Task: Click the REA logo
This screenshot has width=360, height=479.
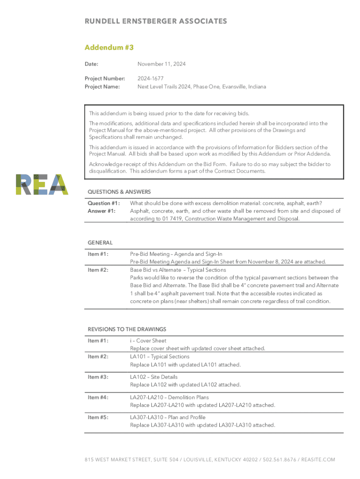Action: click(x=42, y=184)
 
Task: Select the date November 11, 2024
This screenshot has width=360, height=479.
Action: click(x=161, y=64)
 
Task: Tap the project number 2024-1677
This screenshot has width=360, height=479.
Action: click(x=150, y=79)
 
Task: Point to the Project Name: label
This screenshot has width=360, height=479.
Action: click(x=102, y=87)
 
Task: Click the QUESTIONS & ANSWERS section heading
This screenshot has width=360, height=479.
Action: click(x=119, y=192)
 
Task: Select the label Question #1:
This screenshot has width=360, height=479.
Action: click(x=104, y=203)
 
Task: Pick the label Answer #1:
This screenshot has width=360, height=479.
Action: click(x=102, y=211)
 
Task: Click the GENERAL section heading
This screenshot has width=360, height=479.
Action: click(x=100, y=243)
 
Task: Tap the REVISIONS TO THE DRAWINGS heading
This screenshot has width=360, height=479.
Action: click(x=127, y=329)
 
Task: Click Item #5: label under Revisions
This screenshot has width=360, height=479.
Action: click(x=98, y=417)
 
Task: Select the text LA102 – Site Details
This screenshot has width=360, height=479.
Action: click(x=154, y=377)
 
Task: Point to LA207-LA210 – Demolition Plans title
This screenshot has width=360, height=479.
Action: click(x=169, y=397)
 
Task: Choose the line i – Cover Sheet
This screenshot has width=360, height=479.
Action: click(x=148, y=341)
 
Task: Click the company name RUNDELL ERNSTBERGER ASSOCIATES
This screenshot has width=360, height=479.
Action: click(x=156, y=21)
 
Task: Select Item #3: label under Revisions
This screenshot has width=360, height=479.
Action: click(x=98, y=377)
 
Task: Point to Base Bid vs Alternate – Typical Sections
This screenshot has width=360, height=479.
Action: click(x=178, y=270)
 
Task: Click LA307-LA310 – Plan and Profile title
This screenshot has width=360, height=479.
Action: click(x=167, y=417)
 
